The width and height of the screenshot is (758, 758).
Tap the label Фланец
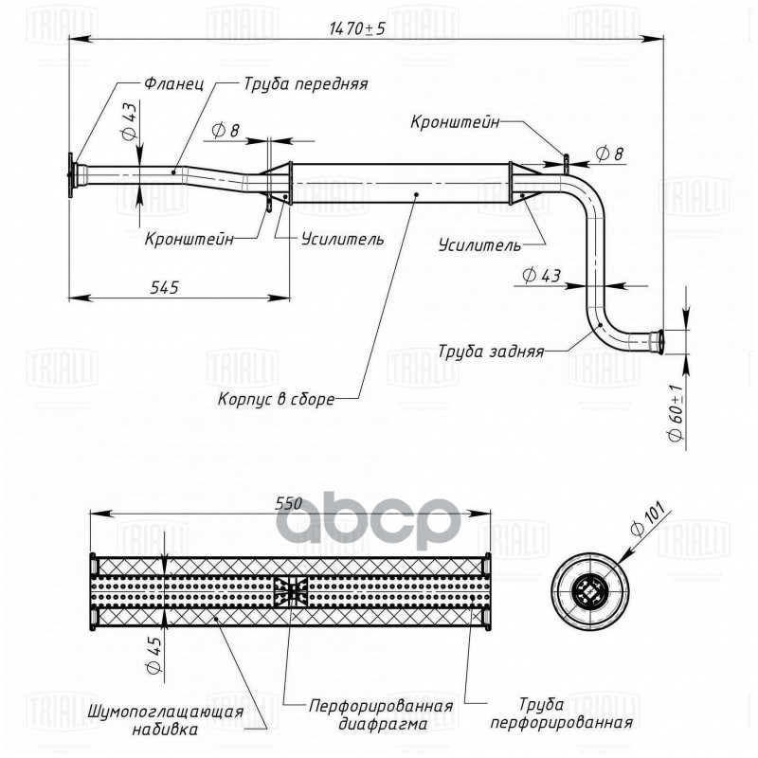coord(175,83)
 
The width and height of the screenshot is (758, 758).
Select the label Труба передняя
coord(305,83)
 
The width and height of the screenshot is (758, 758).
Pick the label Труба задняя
coord(491,351)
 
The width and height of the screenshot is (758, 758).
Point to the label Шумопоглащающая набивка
coord(165,720)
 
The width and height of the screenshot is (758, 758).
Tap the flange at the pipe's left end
coord(72,176)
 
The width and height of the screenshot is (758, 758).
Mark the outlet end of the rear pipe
coord(661,337)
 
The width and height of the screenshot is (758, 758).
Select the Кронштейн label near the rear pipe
coord(453,122)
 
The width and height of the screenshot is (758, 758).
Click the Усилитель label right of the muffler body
coord(479,245)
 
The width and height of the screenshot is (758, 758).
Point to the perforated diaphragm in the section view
coord(291,591)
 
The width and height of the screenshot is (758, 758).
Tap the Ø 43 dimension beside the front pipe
coord(130,121)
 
